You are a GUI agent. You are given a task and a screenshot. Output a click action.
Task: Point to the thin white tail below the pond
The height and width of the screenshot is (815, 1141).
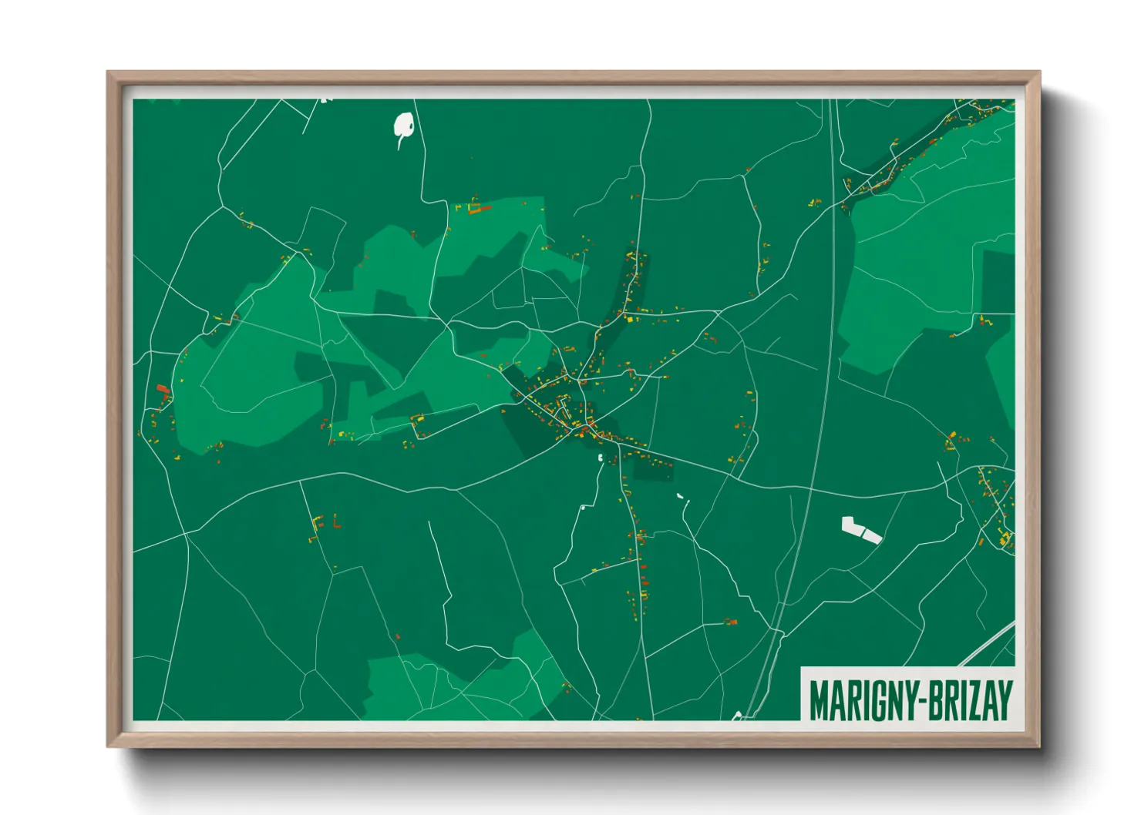point(399,143)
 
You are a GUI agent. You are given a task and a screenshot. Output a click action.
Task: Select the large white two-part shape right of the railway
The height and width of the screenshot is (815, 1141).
point(860,529)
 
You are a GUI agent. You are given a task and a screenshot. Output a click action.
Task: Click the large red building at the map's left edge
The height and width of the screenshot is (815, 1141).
point(162,389)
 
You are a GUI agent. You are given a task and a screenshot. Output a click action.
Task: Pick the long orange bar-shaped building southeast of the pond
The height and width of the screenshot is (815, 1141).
point(480,208)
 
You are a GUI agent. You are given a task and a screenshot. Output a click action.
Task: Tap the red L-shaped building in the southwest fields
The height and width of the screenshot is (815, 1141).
point(335,524)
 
